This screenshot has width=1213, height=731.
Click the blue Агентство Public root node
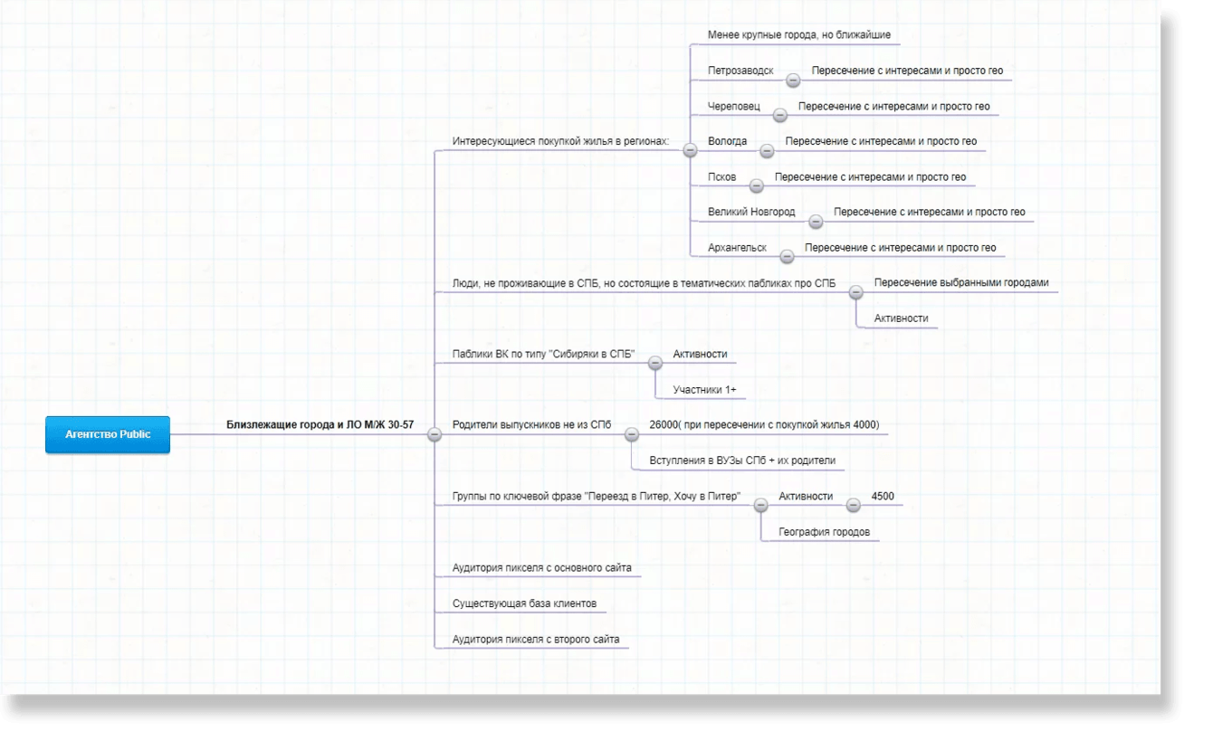click(108, 434)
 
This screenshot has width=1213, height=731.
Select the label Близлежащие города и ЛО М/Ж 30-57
click(320, 424)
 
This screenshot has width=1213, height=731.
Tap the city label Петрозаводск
click(740, 71)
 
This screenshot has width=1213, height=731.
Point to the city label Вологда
click(727, 141)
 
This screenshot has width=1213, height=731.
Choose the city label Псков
click(721, 177)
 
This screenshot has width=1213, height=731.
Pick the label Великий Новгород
click(751, 213)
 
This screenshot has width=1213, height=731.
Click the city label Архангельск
click(737, 248)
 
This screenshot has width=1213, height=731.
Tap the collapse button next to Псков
click(757, 185)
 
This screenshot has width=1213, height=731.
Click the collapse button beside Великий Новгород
click(816, 221)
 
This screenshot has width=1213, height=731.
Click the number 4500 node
click(883, 496)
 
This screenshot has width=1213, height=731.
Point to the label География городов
click(824, 532)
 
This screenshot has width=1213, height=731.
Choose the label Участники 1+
click(704, 390)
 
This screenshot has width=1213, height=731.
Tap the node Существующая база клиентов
click(524, 603)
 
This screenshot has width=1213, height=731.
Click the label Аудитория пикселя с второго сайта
click(536, 639)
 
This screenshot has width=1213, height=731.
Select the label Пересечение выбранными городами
click(961, 283)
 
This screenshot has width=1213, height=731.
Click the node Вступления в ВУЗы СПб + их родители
click(742, 460)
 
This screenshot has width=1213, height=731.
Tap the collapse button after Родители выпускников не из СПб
click(632, 434)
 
